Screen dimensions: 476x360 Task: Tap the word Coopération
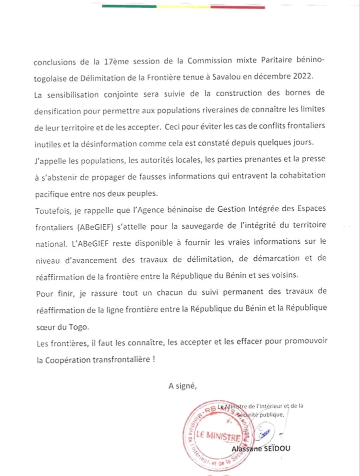pyautogui.click(x=71, y=359)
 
